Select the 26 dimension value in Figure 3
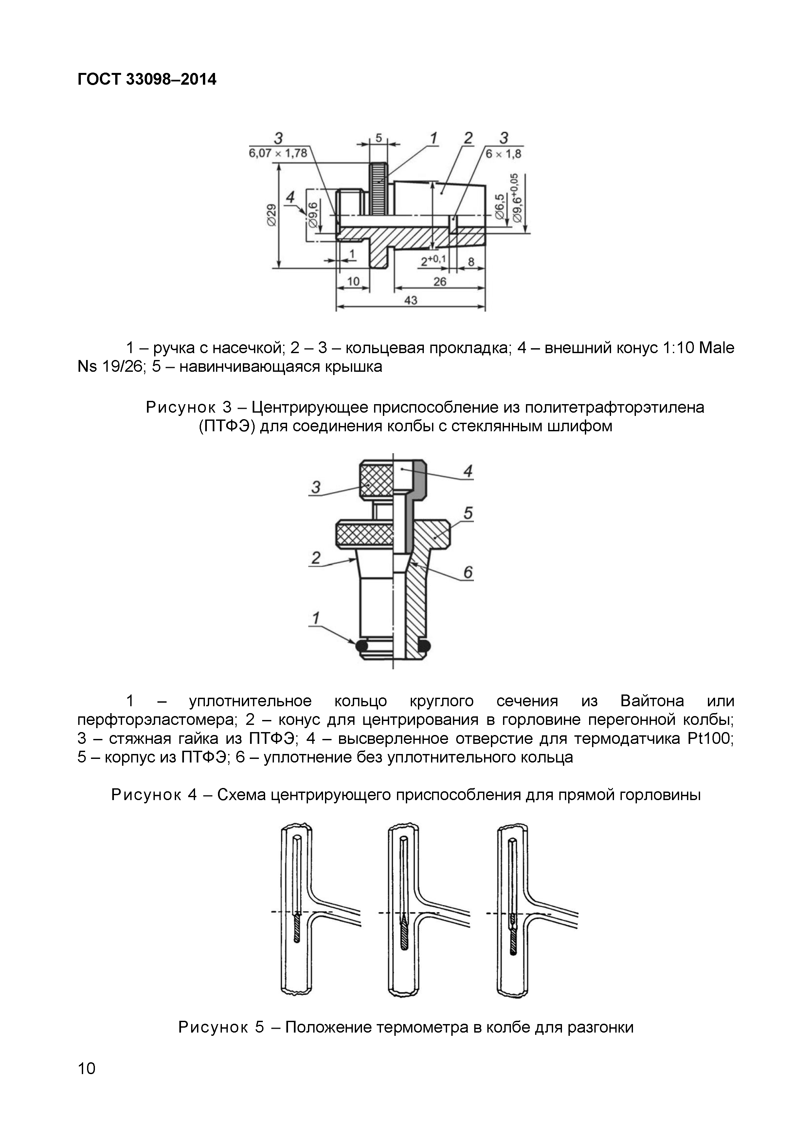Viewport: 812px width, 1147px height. [x=440, y=282]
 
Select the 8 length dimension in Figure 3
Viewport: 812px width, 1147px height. [x=471, y=262]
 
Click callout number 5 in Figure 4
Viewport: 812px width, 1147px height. [x=468, y=513]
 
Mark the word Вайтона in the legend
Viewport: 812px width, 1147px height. [x=652, y=701]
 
